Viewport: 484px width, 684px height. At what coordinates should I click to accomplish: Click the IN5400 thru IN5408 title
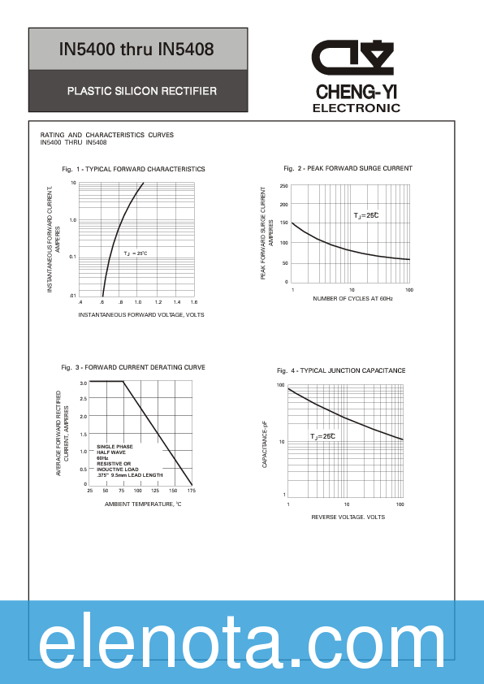coord(136,50)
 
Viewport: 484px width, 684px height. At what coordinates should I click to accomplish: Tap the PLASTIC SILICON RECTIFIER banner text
coord(141,91)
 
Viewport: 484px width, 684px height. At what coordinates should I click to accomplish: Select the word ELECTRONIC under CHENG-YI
coord(357,108)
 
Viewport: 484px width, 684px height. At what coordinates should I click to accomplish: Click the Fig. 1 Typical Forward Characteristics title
coord(133,169)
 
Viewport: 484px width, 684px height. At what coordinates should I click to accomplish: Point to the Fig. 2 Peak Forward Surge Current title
coord(348,168)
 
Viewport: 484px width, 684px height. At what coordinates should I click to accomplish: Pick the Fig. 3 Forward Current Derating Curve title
coord(133,367)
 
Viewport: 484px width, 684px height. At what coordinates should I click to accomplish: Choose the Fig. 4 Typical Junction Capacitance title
coord(341,370)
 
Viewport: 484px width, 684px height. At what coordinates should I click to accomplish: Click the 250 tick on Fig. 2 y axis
coord(284,186)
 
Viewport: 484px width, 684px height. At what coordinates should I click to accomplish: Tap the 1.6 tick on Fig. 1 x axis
coord(194,302)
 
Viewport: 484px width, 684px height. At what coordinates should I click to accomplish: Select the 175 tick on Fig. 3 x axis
coord(192,491)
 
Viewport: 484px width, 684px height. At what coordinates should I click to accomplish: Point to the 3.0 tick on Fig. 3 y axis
coord(84,382)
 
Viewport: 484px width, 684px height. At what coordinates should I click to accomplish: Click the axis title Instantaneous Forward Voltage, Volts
coord(141,314)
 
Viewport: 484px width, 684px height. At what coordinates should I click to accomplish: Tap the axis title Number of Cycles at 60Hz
coord(352,299)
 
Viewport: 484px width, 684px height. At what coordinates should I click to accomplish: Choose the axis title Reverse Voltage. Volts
coord(348,517)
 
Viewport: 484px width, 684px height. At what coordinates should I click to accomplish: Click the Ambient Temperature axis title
coord(143,504)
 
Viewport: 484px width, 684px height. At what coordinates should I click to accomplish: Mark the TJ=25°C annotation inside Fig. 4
coord(322,436)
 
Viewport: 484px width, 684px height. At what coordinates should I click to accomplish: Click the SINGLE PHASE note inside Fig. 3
coord(115,447)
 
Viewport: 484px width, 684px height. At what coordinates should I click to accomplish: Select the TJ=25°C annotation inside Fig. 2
coord(366,215)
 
